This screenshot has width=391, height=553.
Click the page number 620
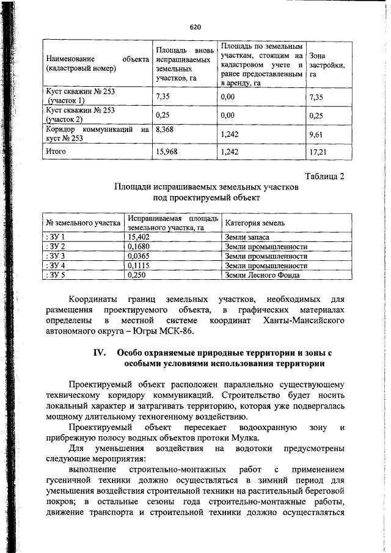pos(195,27)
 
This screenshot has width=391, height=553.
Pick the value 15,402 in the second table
pos(140,236)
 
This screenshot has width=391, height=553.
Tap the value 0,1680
pos(139,246)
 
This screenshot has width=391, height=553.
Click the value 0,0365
pos(139,256)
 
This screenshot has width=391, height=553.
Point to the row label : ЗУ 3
pos(56,256)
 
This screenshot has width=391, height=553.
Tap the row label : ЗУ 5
pos(56,276)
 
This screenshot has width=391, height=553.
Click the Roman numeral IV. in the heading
pos(100,353)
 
